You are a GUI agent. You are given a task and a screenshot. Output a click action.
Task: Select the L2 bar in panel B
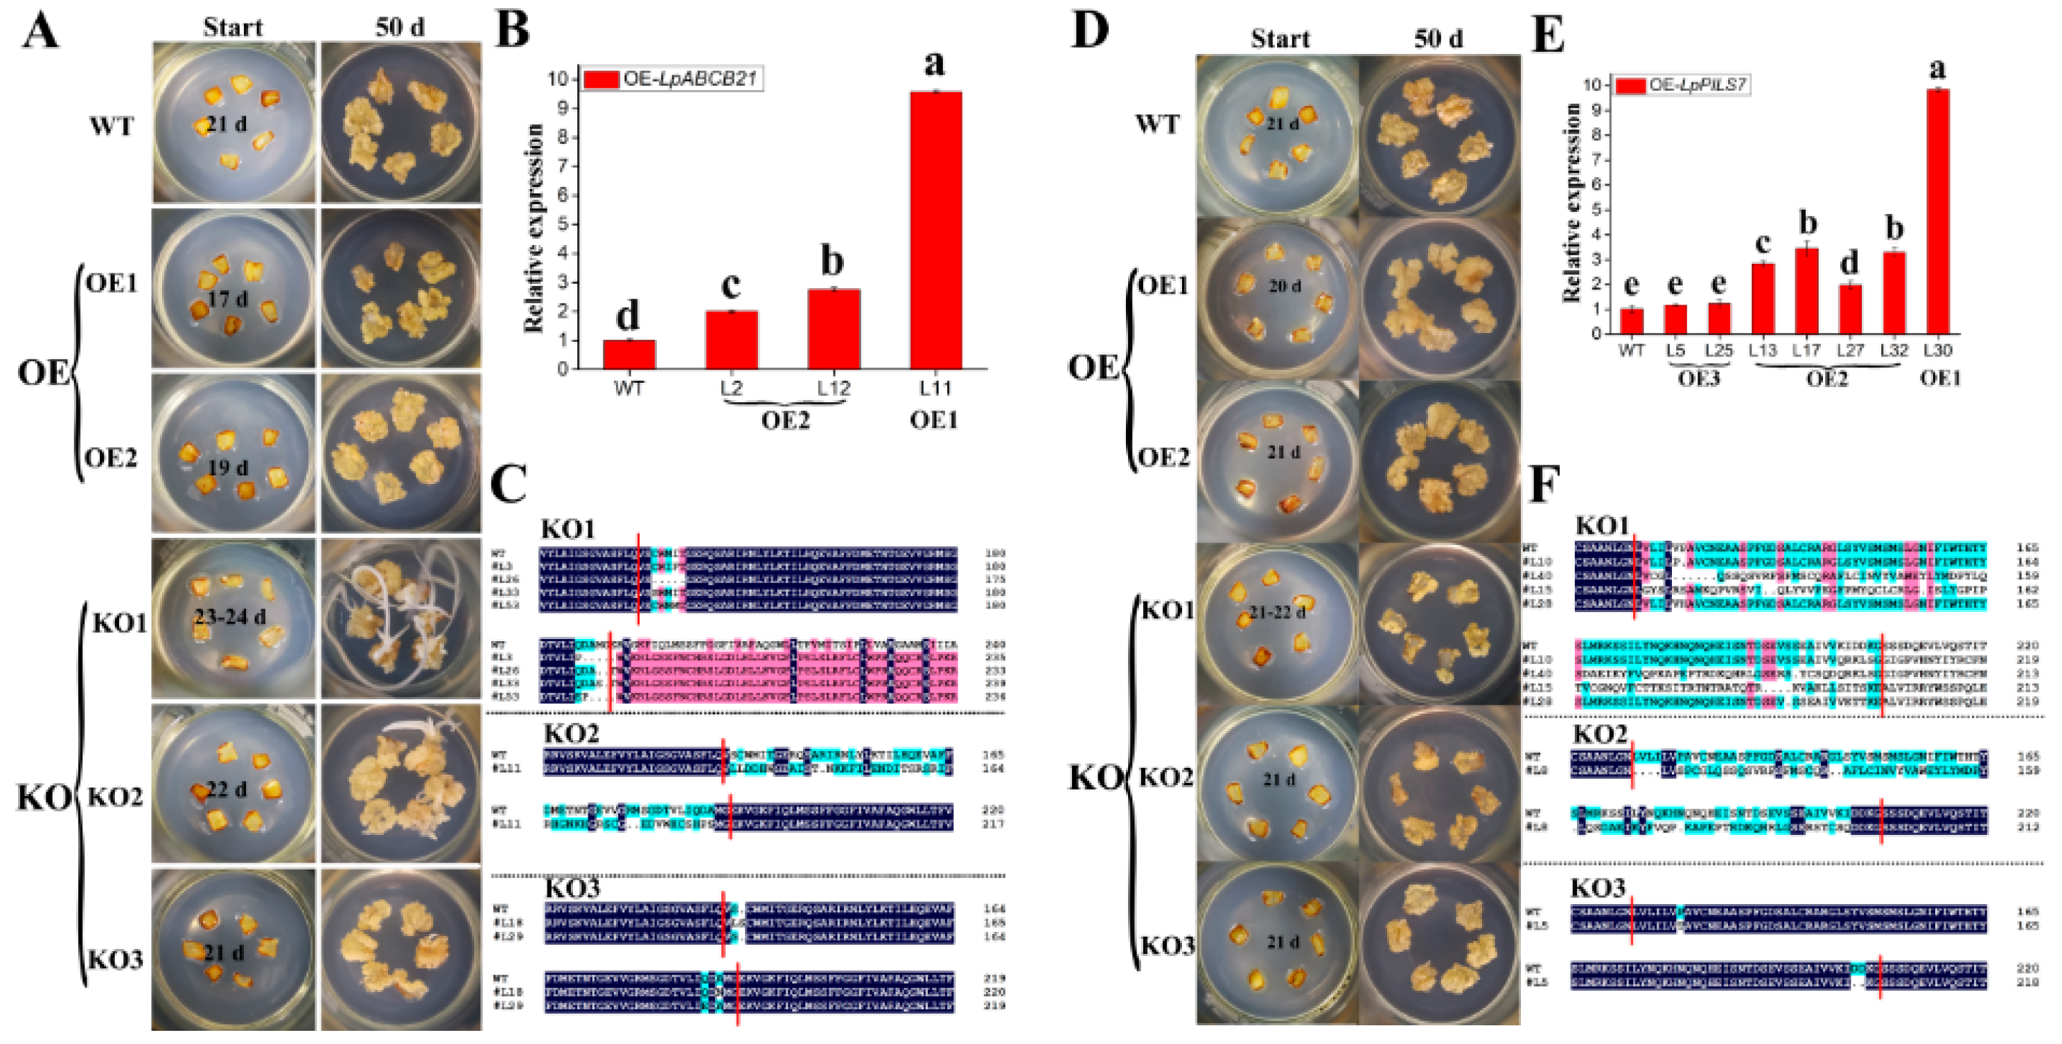(x=731, y=340)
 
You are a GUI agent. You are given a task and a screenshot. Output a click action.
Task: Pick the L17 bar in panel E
(x=1806, y=291)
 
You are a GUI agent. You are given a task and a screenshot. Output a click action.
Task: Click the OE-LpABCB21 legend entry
(x=672, y=79)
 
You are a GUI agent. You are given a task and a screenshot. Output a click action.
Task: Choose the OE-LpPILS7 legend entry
(x=1682, y=84)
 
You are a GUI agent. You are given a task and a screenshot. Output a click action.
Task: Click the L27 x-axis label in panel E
(x=1849, y=350)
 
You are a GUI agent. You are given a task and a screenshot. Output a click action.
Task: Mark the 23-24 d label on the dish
(x=231, y=616)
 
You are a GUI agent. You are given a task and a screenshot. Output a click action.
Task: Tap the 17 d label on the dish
(x=228, y=298)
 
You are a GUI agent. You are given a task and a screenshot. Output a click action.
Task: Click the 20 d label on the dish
(x=1284, y=286)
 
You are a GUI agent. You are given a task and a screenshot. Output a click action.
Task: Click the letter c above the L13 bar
(x=1762, y=242)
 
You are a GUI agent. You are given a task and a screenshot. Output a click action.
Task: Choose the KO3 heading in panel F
(x=1598, y=888)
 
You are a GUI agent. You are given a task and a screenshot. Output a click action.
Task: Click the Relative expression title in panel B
(x=534, y=228)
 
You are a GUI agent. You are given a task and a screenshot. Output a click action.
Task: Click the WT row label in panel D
(x=1158, y=124)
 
